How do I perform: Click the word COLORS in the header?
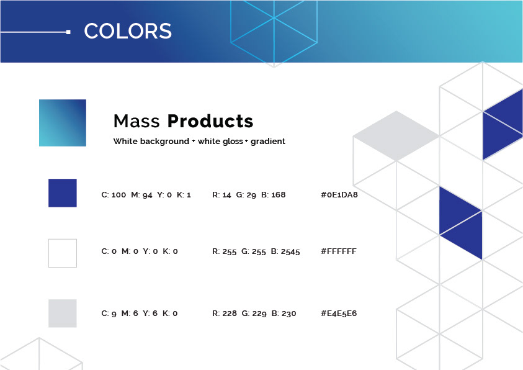point(128,31)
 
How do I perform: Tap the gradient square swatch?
point(63,123)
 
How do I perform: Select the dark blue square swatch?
point(63,193)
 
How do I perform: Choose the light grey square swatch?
point(63,314)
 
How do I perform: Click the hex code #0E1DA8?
point(339,195)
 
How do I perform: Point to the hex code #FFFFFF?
point(339,251)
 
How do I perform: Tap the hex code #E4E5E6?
point(339,314)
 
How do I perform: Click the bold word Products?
point(210,121)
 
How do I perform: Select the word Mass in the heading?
point(136,121)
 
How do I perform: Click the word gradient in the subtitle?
point(268,142)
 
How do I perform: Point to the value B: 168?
point(273,195)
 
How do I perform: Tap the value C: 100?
point(114,195)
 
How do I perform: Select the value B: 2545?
point(285,251)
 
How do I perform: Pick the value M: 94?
point(141,195)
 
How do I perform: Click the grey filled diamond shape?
point(396,136)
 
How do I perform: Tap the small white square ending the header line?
point(68,32)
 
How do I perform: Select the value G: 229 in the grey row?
point(254,314)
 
